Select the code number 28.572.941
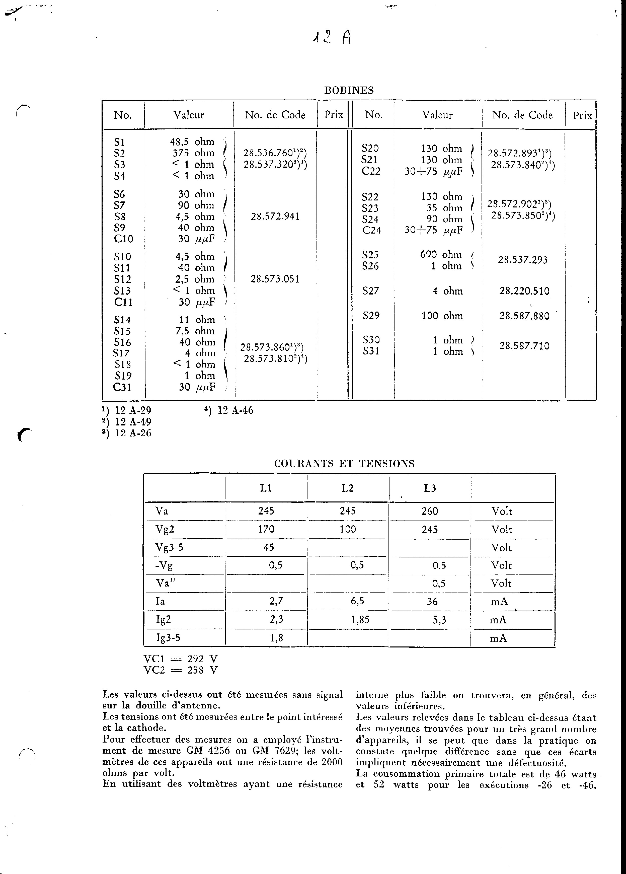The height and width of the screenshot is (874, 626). click(x=275, y=216)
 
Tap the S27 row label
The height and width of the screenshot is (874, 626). click(x=371, y=291)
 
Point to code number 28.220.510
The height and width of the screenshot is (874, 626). click(x=524, y=291)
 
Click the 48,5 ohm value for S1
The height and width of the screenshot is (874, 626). click(x=192, y=142)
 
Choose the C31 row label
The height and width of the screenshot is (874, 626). click(x=122, y=387)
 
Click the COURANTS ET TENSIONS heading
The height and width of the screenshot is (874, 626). click(x=344, y=464)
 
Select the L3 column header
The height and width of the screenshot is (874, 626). click(x=430, y=488)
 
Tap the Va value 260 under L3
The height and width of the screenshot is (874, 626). click(x=430, y=511)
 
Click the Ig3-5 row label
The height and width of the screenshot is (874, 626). click(x=168, y=638)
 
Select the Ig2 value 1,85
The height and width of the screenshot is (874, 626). click(x=360, y=620)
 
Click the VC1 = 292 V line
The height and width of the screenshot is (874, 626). click(x=180, y=659)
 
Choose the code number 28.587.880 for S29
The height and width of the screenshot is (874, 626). click(x=524, y=316)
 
